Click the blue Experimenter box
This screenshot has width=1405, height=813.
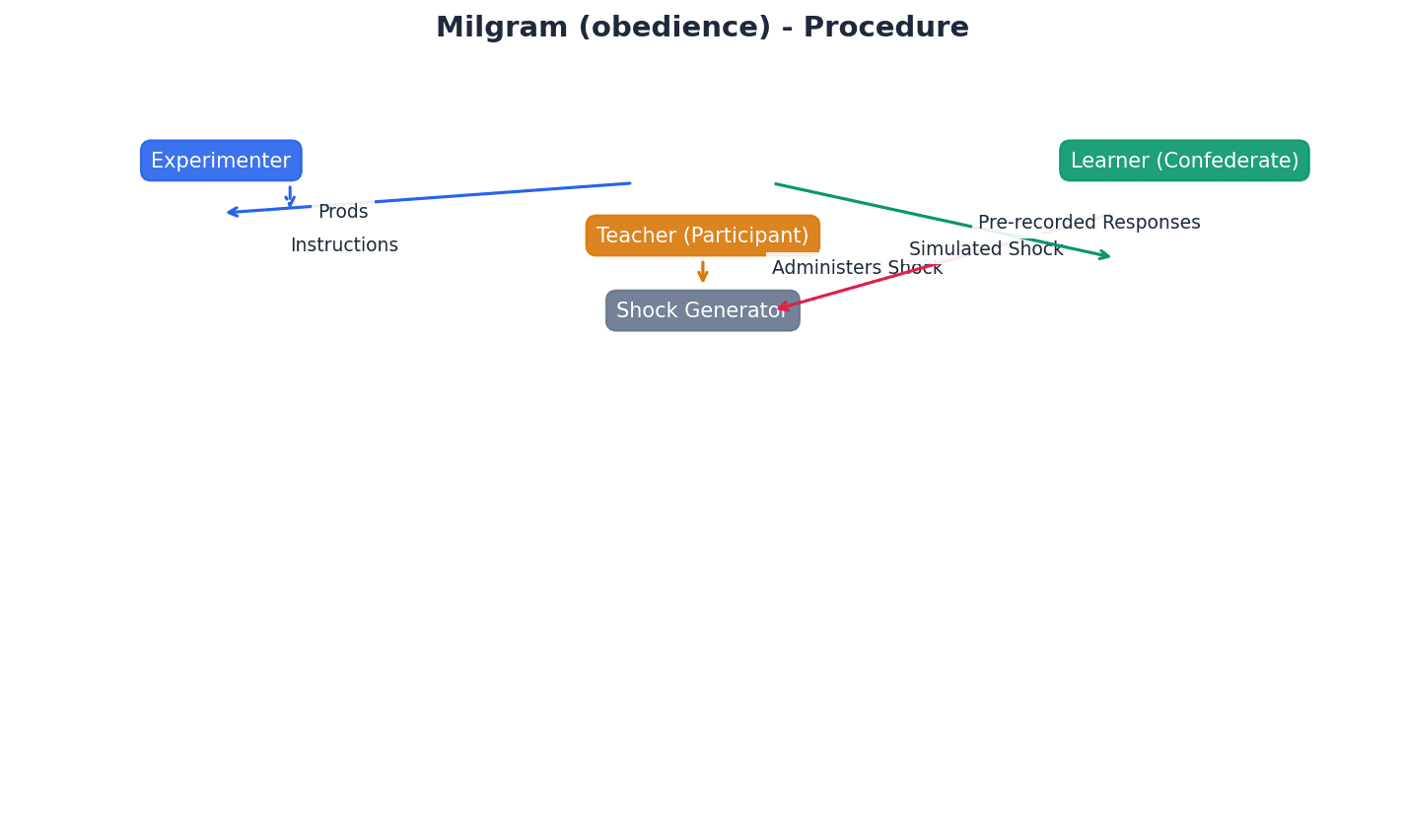pyautogui.click(x=221, y=161)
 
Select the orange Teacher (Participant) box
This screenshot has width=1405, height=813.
pyautogui.click(x=702, y=236)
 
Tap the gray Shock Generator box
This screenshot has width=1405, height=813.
pyautogui.click(x=702, y=310)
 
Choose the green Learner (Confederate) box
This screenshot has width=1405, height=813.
pyautogui.click(x=1184, y=161)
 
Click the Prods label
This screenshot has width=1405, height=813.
pyautogui.click(x=343, y=212)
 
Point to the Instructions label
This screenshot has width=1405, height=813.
pyautogui.click(x=344, y=245)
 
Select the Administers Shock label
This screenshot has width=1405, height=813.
pyautogui.click(x=857, y=268)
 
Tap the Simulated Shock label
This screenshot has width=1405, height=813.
pyautogui.click(x=986, y=249)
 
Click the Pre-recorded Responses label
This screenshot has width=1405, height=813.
pyautogui.click(x=1089, y=223)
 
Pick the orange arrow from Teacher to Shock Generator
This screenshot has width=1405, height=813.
pyautogui.click(x=703, y=272)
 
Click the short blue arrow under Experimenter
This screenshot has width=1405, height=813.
pyautogui.click(x=290, y=196)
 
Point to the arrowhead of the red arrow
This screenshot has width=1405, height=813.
pyautogui.click(x=782, y=308)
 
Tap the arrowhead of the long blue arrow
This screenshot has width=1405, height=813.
pyautogui.click(x=232, y=212)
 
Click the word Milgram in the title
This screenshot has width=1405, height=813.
pyautogui.click(x=502, y=28)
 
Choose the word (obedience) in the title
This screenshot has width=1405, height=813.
pyautogui.click(x=674, y=28)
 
